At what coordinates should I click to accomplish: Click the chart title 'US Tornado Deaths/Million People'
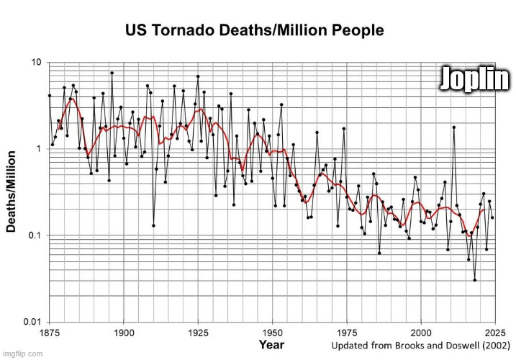pyautogui.click(x=255, y=31)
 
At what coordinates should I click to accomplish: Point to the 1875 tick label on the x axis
pyautogui.click(x=48, y=333)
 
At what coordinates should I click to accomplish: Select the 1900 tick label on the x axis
pyautogui.click(x=124, y=333)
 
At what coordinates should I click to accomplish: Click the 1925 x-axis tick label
pyautogui.click(x=198, y=333)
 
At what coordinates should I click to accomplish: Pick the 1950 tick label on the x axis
pyautogui.click(x=272, y=333)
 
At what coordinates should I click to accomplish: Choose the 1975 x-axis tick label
pyautogui.click(x=346, y=333)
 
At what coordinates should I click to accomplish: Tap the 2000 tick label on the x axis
pyautogui.click(x=421, y=333)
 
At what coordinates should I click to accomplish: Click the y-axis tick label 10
pyautogui.click(x=35, y=63)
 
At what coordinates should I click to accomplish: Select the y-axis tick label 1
pyautogui.click(x=38, y=149)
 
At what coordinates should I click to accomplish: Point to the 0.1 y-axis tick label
pyautogui.click(x=34, y=235)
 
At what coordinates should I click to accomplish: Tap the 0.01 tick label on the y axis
pyautogui.click(x=31, y=321)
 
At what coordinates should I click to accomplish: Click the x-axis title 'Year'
pyautogui.click(x=271, y=346)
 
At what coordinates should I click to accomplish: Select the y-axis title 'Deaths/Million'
pyautogui.click(x=12, y=191)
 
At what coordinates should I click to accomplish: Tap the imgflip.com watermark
pyautogui.click(x=23, y=354)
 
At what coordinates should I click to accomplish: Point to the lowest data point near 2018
pyautogui.click(x=474, y=280)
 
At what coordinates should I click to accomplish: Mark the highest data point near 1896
pyautogui.click(x=112, y=73)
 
